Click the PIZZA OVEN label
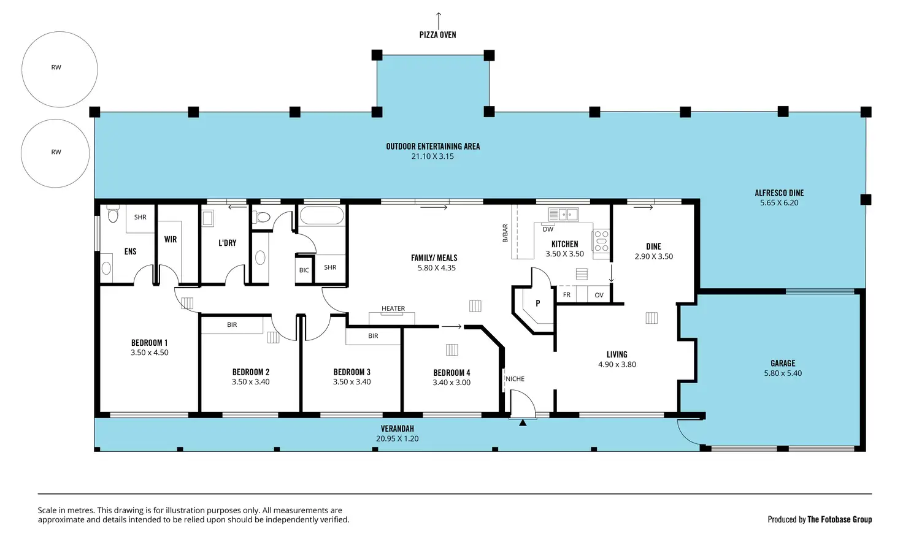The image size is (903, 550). click(x=438, y=35)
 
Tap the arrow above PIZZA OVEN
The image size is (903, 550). click(x=439, y=21)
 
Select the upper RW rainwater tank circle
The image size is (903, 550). click(x=60, y=69)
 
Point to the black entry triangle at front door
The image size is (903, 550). click(x=523, y=422)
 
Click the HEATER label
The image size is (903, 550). click(x=393, y=308)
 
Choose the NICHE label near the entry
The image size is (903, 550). click(x=515, y=379)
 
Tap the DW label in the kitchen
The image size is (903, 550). click(x=548, y=229)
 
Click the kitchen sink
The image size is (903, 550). click(x=564, y=215)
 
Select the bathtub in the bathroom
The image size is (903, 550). click(x=321, y=216)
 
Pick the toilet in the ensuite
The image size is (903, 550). click(x=113, y=213)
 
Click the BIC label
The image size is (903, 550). click(x=304, y=270)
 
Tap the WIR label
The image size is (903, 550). click(x=171, y=239)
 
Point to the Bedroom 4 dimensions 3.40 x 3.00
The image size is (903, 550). click(x=451, y=383)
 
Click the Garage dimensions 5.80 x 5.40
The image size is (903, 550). click(x=783, y=373)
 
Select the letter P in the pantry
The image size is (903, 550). click(x=538, y=303)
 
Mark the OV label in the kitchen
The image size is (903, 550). click(x=599, y=295)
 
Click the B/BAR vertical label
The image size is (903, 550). click(x=505, y=234)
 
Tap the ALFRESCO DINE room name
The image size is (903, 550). click(x=779, y=193)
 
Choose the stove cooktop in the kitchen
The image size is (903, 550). click(x=601, y=242)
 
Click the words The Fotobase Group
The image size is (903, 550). click(x=840, y=519)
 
